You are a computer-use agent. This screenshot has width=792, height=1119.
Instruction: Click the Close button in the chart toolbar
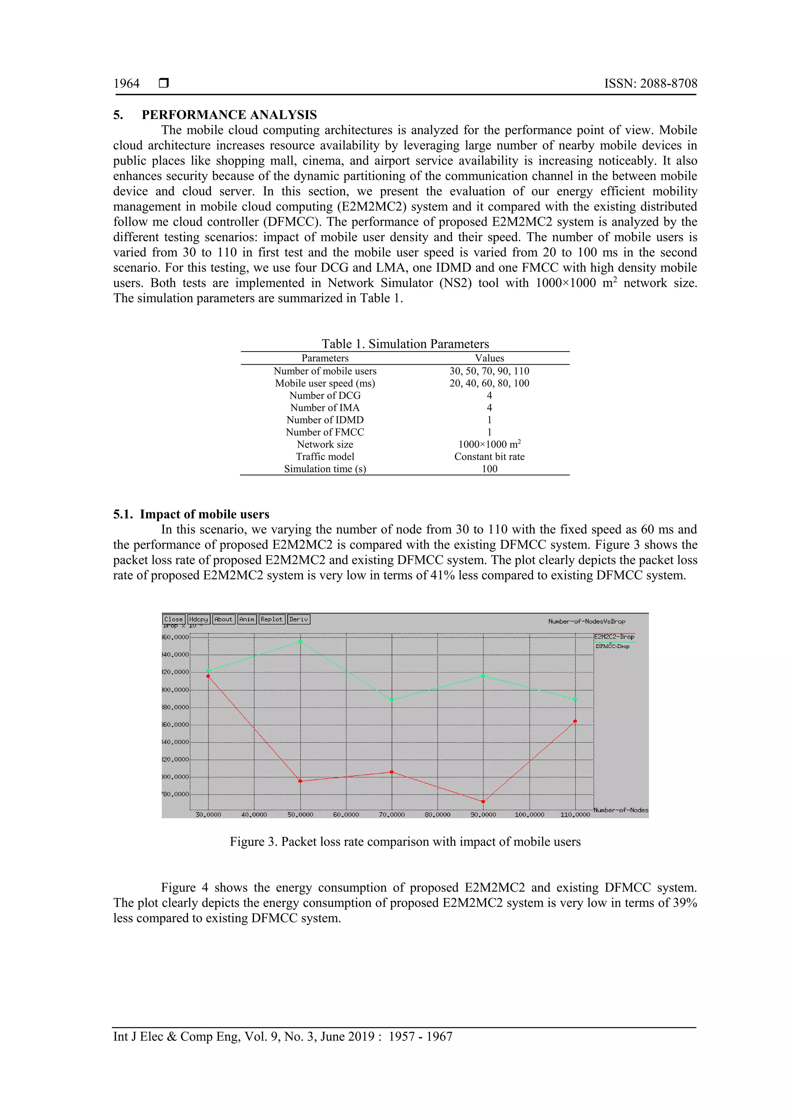coord(173,619)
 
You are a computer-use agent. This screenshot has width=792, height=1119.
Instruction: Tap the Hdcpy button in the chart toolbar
coord(198,619)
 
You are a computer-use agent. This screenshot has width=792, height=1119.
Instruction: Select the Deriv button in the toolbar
coord(299,619)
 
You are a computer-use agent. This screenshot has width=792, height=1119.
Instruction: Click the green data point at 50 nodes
coord(300,641)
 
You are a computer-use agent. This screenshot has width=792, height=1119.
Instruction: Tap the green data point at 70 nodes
coord(392,699)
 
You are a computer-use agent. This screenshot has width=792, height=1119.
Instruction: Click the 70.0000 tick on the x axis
coord(392,815)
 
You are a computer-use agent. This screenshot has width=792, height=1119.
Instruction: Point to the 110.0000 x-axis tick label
coord(575,815)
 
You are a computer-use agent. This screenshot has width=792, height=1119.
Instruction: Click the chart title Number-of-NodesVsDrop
coord(586,621)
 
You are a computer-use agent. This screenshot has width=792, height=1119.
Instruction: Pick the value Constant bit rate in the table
coord(489,457)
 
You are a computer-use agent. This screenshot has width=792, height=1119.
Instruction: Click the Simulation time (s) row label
coord(325,469)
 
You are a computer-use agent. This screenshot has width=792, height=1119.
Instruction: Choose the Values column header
coord(489,358)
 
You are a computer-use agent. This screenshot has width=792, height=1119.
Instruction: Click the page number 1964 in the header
coord(126,84)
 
